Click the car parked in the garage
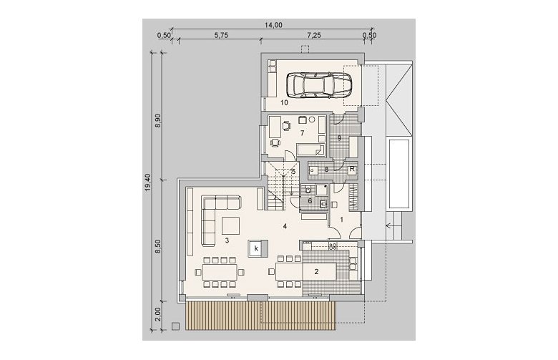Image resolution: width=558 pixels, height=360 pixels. (x=318, y=85)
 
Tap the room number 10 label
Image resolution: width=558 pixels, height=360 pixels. (x=284, y=103)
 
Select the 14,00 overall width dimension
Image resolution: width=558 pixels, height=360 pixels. (x=273, y=25)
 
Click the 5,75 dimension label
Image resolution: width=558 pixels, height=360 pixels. (x=220, y=35)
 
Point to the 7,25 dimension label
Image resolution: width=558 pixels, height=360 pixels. (x=314, y=35)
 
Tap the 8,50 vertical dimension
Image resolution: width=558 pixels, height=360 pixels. (x=159, y=245)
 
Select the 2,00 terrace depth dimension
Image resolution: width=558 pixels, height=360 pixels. (x=159, y=314)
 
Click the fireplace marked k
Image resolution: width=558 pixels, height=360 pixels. (x=256, y=248)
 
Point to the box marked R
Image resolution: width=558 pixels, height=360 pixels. (x=352, y=170)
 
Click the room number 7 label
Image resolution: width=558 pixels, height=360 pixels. (x=302, y=133)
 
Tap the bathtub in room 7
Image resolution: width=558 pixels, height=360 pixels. (x=310, y=150)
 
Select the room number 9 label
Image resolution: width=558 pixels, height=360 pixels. (x=339, y=138)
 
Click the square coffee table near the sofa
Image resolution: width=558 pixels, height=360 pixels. (x=230, y=225)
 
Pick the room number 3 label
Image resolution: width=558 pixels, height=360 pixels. (x=227, y=240)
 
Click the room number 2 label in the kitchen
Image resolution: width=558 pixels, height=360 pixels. (x=316, y=272)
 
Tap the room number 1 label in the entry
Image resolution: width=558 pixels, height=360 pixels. (x=342, y=220)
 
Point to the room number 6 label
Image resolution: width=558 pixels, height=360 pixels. (x=310, y=201)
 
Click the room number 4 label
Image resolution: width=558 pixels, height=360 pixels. (x=285, y=225)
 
